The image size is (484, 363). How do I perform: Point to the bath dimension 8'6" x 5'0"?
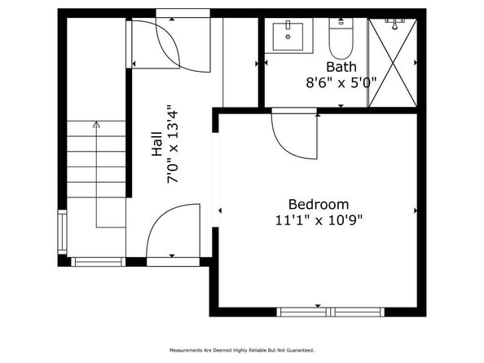(341, 82)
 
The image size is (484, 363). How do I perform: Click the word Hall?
(156, 144)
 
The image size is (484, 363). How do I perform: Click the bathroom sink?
(288, 37)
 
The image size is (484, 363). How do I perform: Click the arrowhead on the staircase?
(97, 126)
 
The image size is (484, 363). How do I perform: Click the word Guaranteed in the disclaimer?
(298, 350)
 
